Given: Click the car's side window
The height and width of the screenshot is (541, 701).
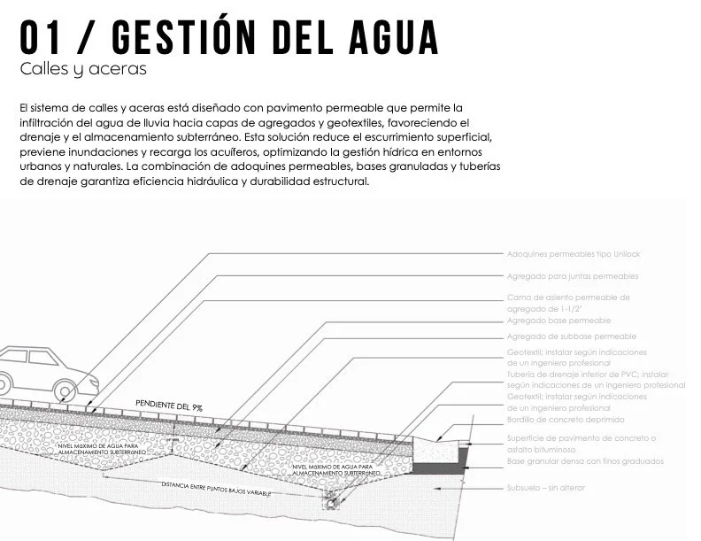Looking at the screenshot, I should pos(27,359).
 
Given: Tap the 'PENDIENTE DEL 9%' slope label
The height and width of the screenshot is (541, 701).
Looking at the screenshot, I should pos(169,406).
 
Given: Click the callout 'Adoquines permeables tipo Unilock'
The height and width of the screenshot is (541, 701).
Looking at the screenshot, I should pos(572,254).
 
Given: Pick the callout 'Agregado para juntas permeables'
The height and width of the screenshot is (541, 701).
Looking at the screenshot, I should pos(572,276).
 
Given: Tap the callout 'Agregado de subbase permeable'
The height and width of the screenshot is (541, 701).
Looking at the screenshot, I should pos(571,336).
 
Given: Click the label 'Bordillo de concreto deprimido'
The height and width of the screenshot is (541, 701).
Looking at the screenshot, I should pos(566,419).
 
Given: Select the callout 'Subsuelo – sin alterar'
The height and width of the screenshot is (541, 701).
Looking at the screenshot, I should pos(546,487).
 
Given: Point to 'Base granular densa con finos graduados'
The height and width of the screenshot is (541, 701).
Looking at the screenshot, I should pos(585,461).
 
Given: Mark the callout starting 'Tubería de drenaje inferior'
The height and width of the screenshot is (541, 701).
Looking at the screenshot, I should pos(596,380).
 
